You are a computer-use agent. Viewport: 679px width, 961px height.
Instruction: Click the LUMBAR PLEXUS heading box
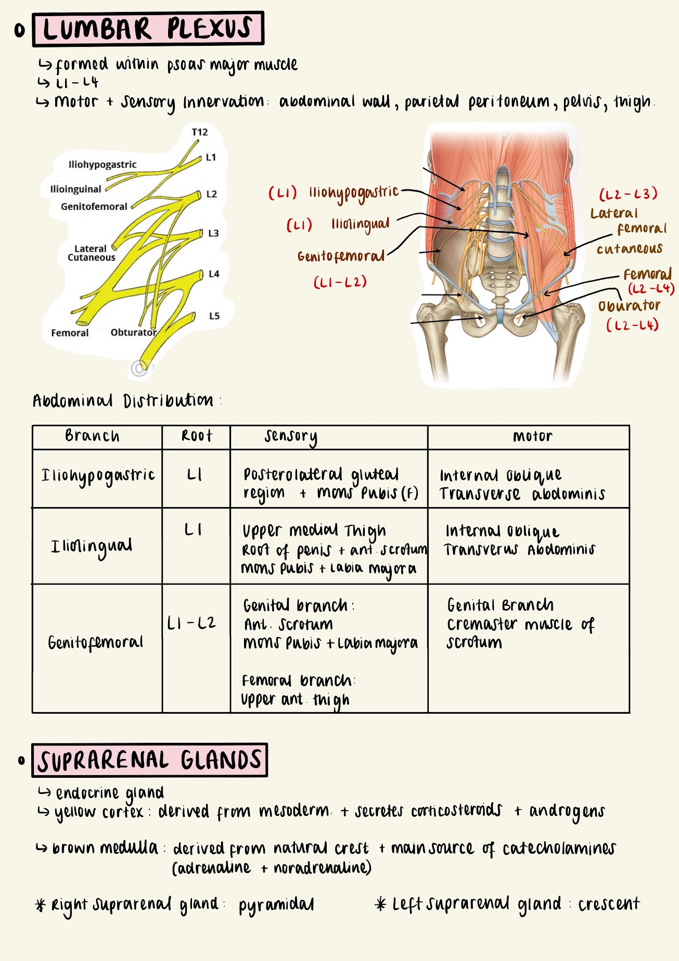tap(148, 29)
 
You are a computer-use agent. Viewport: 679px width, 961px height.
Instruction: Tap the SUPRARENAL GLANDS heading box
tap(149, 760)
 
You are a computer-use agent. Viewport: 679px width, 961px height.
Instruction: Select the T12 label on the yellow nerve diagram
tap(199, 132)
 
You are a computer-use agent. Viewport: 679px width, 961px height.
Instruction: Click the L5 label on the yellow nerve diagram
tap(214, 316)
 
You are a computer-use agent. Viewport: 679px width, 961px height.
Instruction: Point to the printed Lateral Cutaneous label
tap(91, 253)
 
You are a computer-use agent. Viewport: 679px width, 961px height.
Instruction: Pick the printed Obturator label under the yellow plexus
tap(133, 332)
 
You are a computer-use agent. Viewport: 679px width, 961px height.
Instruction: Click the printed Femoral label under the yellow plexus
tap(70, 333)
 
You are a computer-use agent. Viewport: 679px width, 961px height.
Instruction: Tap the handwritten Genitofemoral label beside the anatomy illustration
tap(341, 256)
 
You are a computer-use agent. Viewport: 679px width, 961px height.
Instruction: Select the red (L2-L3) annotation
tap(628, 195)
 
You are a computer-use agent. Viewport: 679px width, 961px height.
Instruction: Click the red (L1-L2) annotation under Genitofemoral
tap(340, 282)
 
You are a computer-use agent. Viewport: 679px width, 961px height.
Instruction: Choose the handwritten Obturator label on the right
tap(629, 306)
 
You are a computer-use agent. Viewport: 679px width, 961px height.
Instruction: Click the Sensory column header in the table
tap(290, 436)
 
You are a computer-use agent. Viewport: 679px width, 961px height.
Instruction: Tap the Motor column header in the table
tap(532, 436)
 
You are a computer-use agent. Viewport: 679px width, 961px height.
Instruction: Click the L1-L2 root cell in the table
tap(191, 623)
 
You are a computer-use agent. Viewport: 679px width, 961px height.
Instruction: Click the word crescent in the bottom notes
tap(609, 904)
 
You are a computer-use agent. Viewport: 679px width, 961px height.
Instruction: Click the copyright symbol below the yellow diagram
tap(139, 368)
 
